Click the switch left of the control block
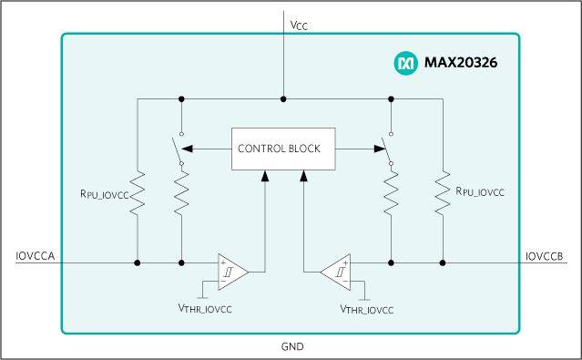click(x=177, y=149)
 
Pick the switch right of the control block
click(x=387, y=149)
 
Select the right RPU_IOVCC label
click(x=480, y=192)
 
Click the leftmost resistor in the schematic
click(x=138, y=192)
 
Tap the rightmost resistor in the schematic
click(x=443, y=192)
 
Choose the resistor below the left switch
click(x=181, y=192)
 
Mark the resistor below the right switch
click(x=391, y=192)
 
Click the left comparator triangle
click(x=231, y=272)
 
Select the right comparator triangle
click(x=336, y=272)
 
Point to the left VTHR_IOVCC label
click(x=205, y=310)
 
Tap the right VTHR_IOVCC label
click(x=367, y=310)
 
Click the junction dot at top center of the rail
click(x=284, y=98)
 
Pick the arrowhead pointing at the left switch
click(x=188, y=149)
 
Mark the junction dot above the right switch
click(x=391, y=98)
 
